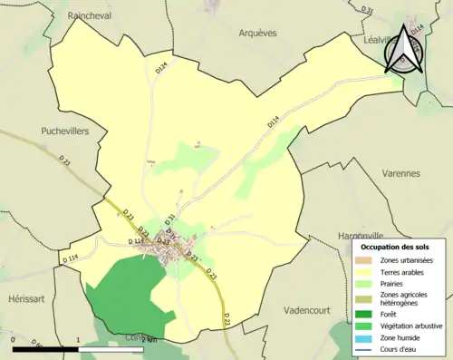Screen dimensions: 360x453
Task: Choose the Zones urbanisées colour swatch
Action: [362, 261]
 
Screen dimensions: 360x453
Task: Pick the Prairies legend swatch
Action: [362, 283]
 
